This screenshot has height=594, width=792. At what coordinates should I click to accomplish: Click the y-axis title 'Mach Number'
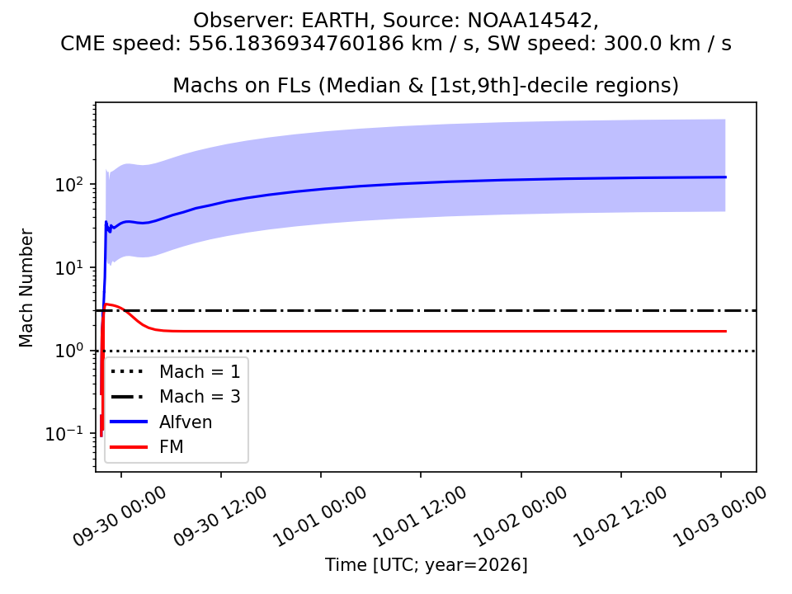26,288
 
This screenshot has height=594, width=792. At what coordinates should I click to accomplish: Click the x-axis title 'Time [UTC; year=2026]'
426,564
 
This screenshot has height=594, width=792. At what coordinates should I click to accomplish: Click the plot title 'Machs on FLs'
242,85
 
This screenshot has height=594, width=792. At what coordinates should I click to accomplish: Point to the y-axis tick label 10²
68,184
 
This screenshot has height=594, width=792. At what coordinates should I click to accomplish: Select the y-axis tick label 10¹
68,267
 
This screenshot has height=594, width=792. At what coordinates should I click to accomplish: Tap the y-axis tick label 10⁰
68,351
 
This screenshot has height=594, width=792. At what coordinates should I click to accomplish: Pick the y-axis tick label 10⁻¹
64,433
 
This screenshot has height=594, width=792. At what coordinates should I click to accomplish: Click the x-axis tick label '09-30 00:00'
119,516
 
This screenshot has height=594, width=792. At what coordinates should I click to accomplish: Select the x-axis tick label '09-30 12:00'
219,516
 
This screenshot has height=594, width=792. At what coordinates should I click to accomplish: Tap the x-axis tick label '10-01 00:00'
320,516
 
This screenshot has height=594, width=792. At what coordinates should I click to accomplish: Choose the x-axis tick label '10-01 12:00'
420,516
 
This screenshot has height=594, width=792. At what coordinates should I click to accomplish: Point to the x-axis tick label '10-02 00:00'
521,516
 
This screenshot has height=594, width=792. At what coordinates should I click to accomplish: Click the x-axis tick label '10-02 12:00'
620,516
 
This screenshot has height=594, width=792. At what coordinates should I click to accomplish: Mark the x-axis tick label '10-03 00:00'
720,516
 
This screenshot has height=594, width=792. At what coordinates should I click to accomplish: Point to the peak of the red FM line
106,304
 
